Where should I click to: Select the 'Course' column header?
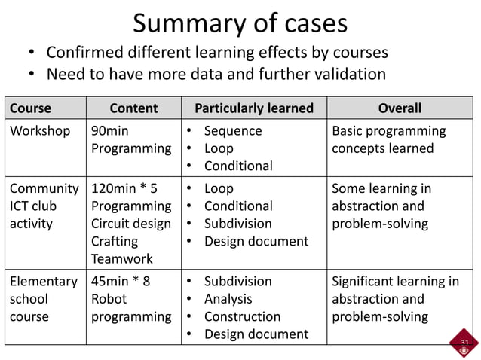[x=30, y=108]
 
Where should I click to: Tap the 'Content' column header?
[x=133, y=108]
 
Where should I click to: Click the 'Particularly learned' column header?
[x=253, y=108]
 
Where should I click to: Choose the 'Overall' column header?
[x=400, y=108]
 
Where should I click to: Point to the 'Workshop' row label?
[x=40, y=131]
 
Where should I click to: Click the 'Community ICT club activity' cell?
[x=44, y=206]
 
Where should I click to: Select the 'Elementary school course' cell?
[x=43, y=299]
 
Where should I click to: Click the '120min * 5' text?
[x=124, y=188]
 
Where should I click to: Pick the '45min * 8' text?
[x=121, y=282]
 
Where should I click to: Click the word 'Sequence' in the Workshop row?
[x=233, y=131]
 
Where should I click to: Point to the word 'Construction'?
[x=242, y=316]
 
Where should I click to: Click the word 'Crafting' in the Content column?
[x=115, y=241]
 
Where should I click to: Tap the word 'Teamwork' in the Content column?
[x=121, y=258]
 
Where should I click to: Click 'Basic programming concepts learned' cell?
[x=388, y=139]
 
